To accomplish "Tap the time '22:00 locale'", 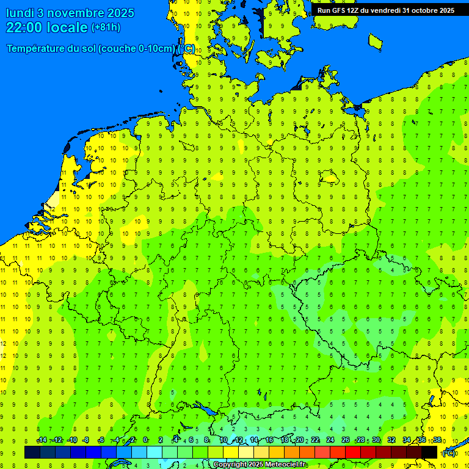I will pyautogui.click(x=47, y=27).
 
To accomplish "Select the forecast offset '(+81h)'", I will pyautogui.click(x=106, y=27).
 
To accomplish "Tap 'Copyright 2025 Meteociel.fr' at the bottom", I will pyautogui.click(x=259, y=465).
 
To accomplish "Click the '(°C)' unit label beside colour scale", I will pyautogui.click(x=448, y=453).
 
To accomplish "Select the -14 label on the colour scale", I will pyautogui.click(x=42, y=440).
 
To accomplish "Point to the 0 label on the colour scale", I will pyautogui.click(x=145, y=440).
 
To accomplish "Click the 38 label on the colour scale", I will pyautogui.click(x=437, y=440).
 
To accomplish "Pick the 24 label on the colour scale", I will pyautogui.click(x=330, y=440).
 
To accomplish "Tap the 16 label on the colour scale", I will pyautogui.click(x=269, y=440).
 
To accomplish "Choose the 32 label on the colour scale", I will pyautogui.click(x=391, y=440).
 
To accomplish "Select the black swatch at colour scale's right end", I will pyautogui.click(x=429, y=452).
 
